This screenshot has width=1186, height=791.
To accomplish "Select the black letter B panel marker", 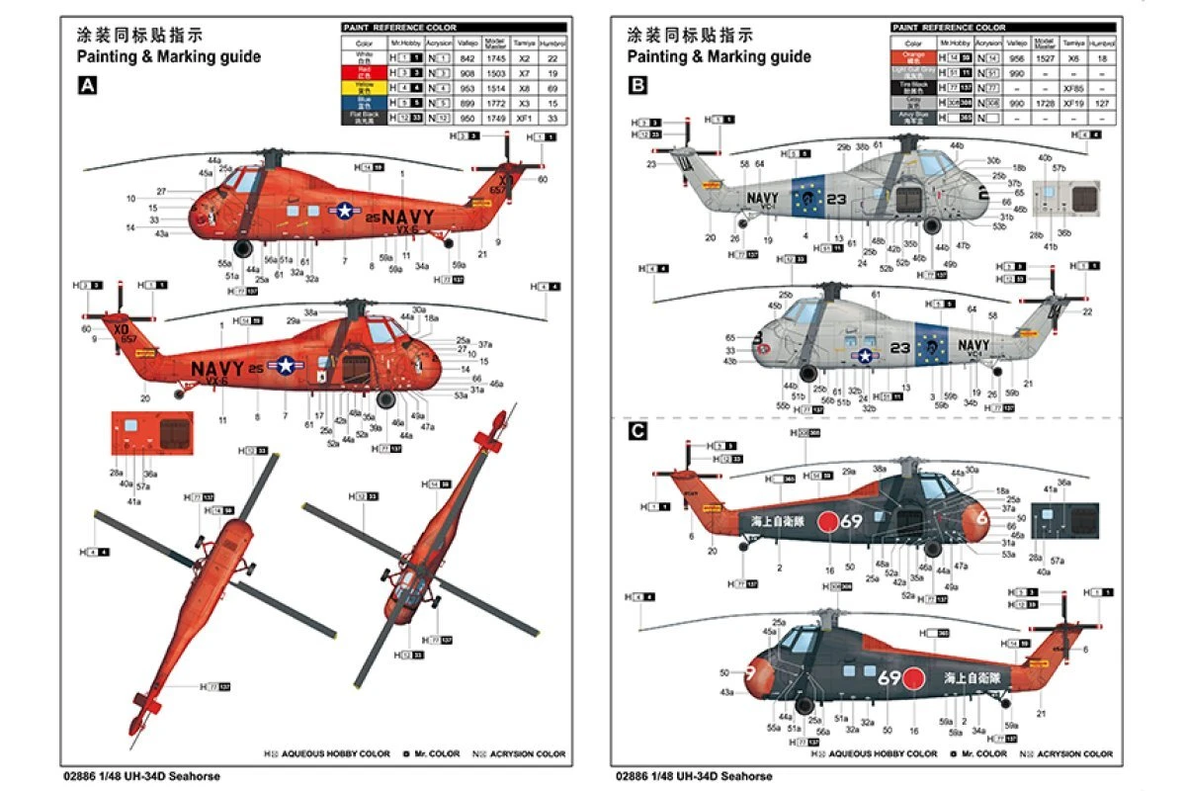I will (637, 86).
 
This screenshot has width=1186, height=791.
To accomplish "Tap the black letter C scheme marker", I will (637, 431).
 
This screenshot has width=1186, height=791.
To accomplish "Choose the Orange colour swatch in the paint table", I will (913, 57).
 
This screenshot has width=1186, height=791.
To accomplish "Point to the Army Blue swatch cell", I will (913, 117).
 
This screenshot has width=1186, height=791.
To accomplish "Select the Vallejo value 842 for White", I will (471, 57).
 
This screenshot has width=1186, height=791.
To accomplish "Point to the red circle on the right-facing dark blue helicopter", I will (828, 520).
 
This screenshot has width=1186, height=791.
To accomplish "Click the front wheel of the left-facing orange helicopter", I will (385, 399).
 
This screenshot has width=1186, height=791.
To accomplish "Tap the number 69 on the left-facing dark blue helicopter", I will (889, 678).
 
